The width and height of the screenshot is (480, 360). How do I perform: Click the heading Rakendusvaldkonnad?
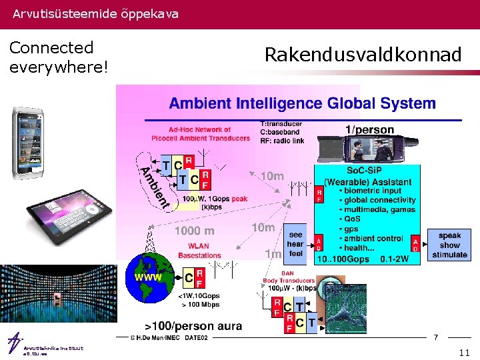point(363,55)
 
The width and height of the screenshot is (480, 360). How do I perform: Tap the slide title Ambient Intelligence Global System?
point(302,103)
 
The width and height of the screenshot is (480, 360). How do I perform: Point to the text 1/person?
point(369,130)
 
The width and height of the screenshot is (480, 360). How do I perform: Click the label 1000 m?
point(195,231)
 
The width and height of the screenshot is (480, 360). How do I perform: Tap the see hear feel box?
point(295,244)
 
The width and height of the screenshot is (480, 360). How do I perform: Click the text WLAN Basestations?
point(199,251)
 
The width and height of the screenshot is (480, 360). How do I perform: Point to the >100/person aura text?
point(189,326)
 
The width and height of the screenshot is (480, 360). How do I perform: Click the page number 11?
point(464,351)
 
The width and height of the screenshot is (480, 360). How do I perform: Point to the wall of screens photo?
point(57,296)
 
